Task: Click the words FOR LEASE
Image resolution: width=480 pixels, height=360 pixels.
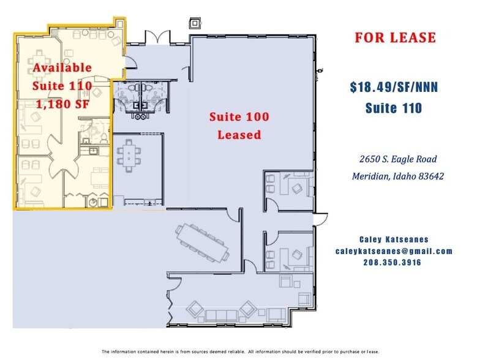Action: pos(395,37)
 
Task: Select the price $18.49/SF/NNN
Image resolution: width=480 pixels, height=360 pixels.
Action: pos(394,88)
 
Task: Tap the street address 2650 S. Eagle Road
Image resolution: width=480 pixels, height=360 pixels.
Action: pos(398,159)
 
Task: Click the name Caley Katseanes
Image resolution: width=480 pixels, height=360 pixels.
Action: pos(394,240)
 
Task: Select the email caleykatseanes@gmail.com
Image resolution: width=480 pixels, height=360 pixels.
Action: pos(394,251)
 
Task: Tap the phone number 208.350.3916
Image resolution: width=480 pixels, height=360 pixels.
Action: pos(394,262)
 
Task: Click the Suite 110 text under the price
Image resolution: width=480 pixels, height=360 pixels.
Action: pos(394,108)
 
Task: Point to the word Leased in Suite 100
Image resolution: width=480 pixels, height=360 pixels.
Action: pos(239,134)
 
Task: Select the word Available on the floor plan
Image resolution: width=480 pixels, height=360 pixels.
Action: pos(62,67)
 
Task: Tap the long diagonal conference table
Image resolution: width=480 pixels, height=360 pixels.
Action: pos(203,241)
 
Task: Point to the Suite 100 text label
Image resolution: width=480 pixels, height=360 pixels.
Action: pos(239,116)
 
